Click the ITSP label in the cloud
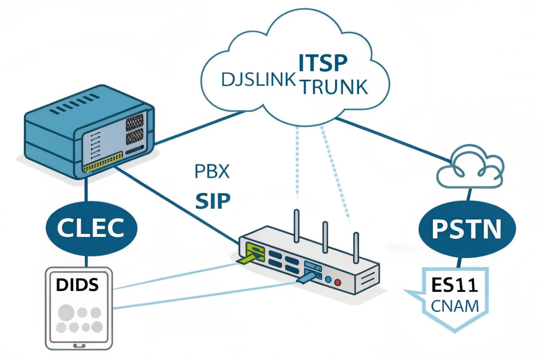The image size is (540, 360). pyautogui.click(x=322, y=63)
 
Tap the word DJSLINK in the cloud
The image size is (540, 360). pyautogui.click(x=258, y=80)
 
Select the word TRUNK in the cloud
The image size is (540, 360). pyautogui.click(x=334, y=87)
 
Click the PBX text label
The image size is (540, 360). pyautogui.click(x=212, y=171)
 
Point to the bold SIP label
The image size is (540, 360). pyautogui.click(x=213, y=201)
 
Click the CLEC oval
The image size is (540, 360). pyautogui.click(x=91, y=228)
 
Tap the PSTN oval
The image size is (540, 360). pyautogui.click(x=467, y=229)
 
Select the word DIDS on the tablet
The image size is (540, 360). pyautogui.click(x=77, y=285)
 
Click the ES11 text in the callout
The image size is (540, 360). pyautogui.click(x=455, y=285)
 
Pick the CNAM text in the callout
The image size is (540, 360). pyautogui.click(x=455, y=306)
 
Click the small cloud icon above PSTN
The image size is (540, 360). pyautogui.click(x=470, y=167)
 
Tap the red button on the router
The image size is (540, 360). pyautogui.click(x=337, y=282)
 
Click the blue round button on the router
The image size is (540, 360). pyautogui.click(x=328, y=279)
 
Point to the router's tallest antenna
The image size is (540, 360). pyautogui.click(x=297, y=226)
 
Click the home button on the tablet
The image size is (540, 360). pyautogui.click(x=79, y=346)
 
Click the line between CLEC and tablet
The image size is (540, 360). pyautogui.click(x=87, y=261)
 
